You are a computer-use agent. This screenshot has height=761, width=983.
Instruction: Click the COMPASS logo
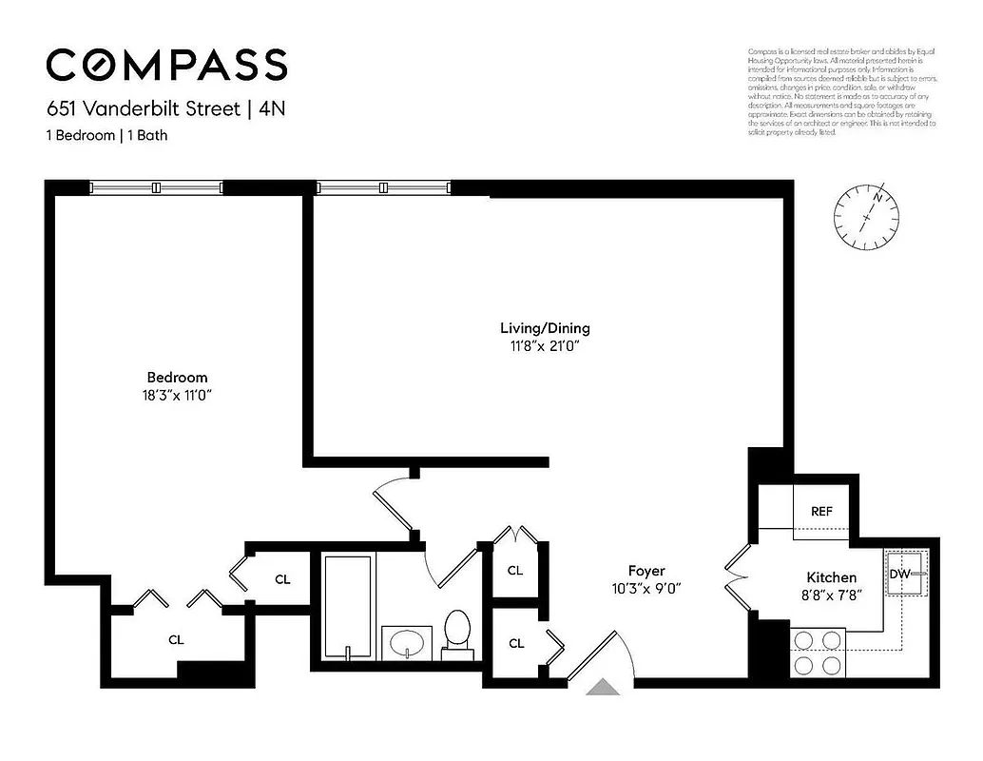click(x=166, y=65)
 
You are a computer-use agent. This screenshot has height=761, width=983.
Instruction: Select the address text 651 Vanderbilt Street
click(x=143, y=107)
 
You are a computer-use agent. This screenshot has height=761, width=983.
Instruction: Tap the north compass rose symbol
click(x=865, y=219)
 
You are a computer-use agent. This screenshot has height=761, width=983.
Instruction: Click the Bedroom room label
click(x=176, y=377)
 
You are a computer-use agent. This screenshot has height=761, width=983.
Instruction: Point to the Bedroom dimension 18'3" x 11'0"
click(x=176, y=395)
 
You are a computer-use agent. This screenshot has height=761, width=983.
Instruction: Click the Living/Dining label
click(x=545, y=328)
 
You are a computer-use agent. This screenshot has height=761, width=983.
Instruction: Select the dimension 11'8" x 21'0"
click(x=545, y=346)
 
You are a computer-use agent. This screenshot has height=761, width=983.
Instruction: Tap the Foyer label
click(x=646, y=571)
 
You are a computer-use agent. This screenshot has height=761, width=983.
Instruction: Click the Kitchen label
click(x=831, y=577)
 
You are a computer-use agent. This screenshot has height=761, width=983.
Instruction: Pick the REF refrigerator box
click(x=821, y=511)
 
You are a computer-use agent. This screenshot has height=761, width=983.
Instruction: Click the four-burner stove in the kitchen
click(x=818, y=652)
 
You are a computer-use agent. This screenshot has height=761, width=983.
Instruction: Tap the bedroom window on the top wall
click(x=157, y=187)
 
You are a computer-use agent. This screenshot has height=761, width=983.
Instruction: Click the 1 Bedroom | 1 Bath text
click(x=106, y=135)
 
